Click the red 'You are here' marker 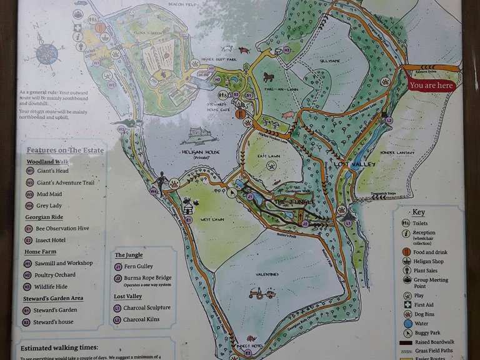point(431,85)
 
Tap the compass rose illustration point(47,54)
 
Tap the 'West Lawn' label point(212,220)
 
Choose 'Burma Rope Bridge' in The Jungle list point(147,277)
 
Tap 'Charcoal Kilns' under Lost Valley point(142,319)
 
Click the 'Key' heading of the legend point(418,212)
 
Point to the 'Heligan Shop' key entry point(429,261)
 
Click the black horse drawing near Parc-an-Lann point(269,77)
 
